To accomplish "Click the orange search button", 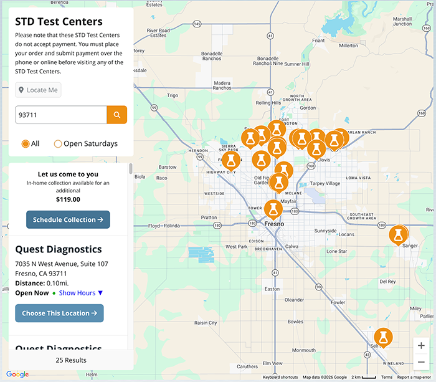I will [116, 115].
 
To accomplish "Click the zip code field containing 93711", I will [61, 115].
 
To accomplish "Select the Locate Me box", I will [39, 90].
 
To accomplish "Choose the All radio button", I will [26, 143].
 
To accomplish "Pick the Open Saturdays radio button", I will [58, 143].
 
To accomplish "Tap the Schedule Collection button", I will [68, 219].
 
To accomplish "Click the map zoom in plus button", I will [421, 345].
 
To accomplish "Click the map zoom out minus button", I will [421, 362].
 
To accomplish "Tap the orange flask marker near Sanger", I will [398, 235].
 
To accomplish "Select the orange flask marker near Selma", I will [382, 337].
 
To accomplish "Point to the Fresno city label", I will [274, 223].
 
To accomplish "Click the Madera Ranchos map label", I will [222, 85].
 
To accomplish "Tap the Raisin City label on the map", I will [205, 323].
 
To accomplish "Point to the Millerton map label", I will [348, 45].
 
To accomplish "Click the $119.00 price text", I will [68, 199].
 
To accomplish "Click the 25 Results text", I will [70, 360].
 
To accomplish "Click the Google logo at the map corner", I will [17, 375].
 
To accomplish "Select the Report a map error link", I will [414, 378].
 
